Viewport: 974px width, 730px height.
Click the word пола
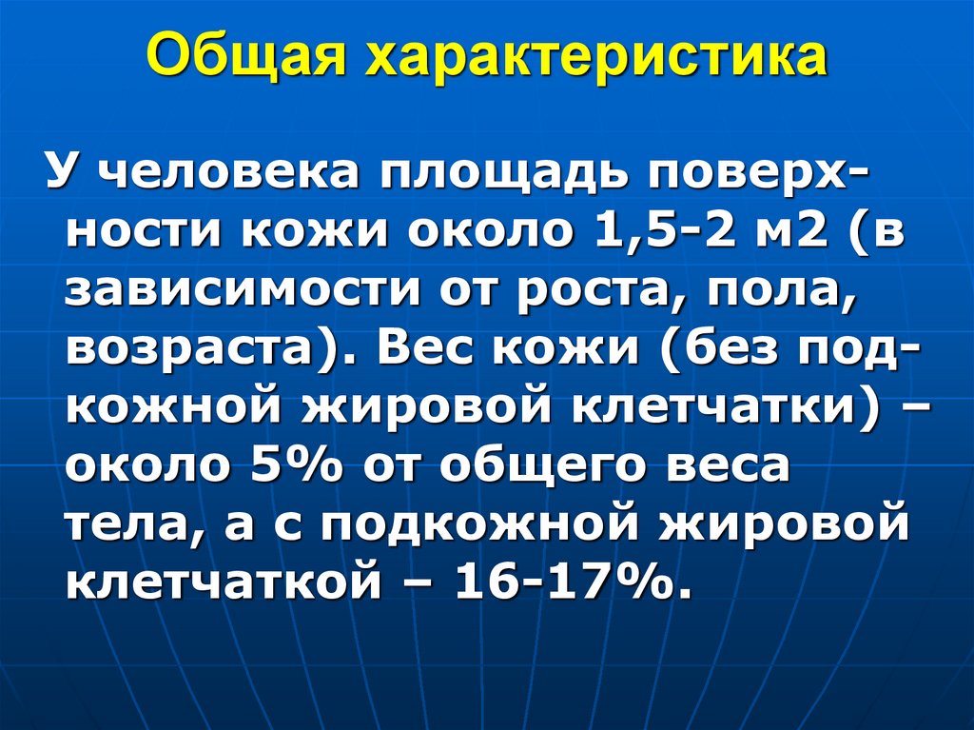[782, 292]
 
